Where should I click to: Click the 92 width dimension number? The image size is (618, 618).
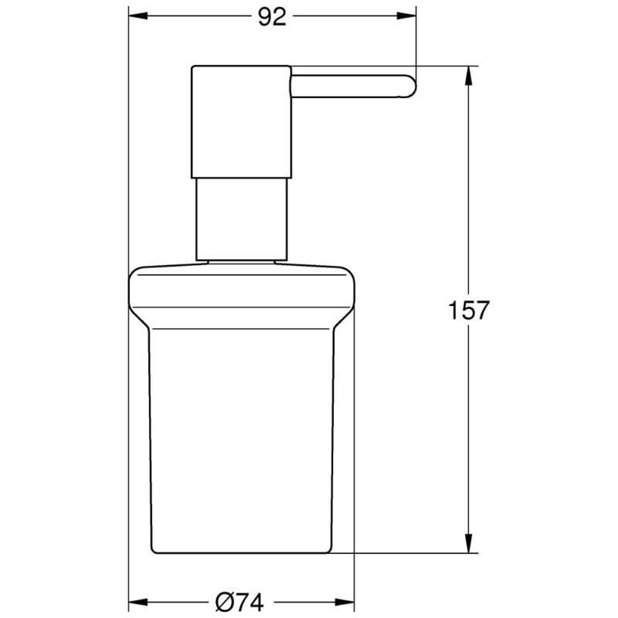pos(272,17)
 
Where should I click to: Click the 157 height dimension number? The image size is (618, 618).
pos(469,311)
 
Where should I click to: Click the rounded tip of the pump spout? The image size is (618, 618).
pos(409,86)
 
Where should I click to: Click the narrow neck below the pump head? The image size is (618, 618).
pos(242,219)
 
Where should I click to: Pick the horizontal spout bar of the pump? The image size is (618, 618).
pos(348,86)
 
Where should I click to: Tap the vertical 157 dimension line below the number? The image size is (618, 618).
pos(469,433)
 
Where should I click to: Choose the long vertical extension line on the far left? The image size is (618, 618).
pos(127,309)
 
